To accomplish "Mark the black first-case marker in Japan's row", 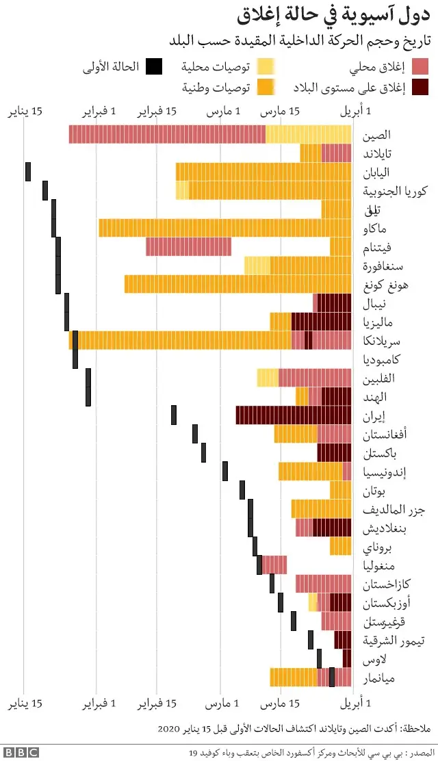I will [x=28, y=172].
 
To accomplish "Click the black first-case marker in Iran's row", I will [x=174, y=415].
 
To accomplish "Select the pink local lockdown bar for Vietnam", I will [x=188, y=246].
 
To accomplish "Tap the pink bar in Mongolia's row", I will [x=274, y=565].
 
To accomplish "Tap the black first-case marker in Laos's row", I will [x=319, y=658].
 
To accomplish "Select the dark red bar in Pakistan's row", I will [x=334, y=452].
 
